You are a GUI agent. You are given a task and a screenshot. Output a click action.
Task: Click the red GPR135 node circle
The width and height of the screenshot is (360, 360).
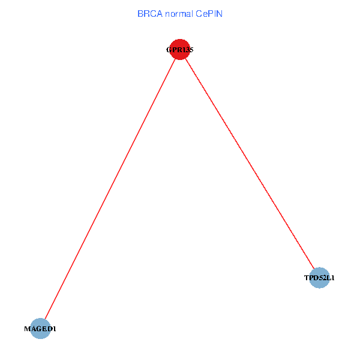point(180,50)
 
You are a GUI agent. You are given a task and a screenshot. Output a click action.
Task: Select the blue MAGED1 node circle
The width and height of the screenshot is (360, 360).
point(40,329)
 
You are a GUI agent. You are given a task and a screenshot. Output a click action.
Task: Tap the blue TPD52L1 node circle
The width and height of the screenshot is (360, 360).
point(320,278)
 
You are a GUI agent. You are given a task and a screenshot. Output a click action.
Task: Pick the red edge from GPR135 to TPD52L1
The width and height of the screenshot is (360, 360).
point(250,163)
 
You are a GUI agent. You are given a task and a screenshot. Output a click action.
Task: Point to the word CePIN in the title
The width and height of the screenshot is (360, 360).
point(209,13)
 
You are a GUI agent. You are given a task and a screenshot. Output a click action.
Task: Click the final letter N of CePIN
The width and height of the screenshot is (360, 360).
point(219,13)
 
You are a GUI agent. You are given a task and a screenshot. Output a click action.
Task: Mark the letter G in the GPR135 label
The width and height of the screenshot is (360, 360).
point(169,50)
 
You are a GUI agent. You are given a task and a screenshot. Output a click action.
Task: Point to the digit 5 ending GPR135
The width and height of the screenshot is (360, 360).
point(191,50)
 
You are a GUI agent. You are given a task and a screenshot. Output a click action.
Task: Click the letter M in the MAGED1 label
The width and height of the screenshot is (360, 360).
point(26,329)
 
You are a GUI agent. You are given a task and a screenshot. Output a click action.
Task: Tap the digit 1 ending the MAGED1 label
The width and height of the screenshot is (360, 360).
point(54,329)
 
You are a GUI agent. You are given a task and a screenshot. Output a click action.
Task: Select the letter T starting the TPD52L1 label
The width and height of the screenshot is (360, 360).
point(306,278)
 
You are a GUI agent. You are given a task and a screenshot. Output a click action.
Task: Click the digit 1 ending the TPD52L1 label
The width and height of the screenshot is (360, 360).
point(333,278)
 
